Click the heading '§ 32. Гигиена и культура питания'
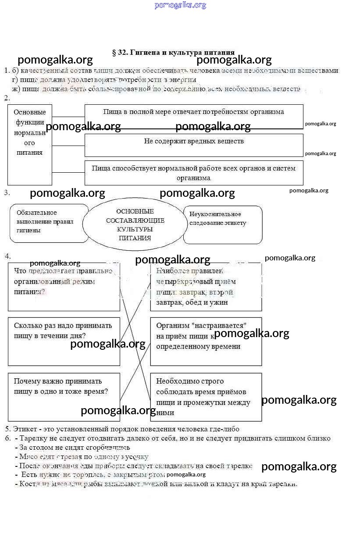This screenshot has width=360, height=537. [173, 53]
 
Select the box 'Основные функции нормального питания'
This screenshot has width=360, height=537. [30, 144]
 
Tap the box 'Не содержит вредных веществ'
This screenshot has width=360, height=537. [193, 145]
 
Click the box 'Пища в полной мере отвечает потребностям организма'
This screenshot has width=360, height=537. [193, 116]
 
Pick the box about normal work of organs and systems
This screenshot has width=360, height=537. [193, 173]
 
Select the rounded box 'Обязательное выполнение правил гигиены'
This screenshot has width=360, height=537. [49, 223]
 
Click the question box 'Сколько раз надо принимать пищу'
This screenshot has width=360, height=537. [64, 341]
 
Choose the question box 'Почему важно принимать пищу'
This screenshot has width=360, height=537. [64, 397]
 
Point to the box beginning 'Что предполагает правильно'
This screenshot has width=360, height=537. [64, 287]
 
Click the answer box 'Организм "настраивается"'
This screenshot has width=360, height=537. [206, 341]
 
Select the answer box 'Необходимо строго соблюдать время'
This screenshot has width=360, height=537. [206, 397]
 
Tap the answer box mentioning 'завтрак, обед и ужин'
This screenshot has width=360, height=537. [206, 287]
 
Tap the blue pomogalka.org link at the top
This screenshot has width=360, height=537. [180, 5]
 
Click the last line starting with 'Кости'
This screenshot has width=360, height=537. [158, 484]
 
